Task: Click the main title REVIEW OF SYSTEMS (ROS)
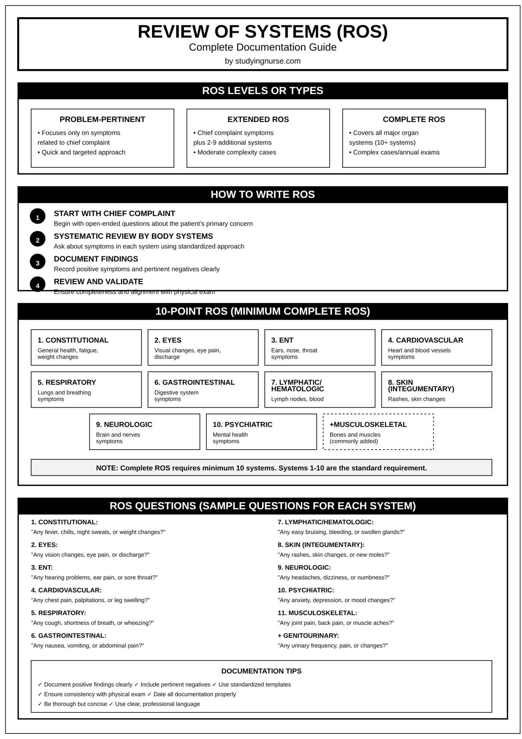[262, 31]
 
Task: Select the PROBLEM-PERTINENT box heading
[102, 119]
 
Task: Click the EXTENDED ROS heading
[258, 119]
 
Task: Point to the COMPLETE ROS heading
[414, 119]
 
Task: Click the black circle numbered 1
[38, 218]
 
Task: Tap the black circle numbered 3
[38, 263]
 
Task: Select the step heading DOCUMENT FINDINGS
[96, 259]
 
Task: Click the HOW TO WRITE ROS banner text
[262, 194]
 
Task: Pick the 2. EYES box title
[168, 340]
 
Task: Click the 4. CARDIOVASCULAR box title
[425, 340]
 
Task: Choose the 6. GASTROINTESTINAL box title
[194, 382]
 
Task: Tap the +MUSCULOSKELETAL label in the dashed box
[368, 424]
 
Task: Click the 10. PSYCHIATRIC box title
[243, 424]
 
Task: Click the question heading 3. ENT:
[42, 567]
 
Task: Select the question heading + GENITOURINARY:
[308, 635]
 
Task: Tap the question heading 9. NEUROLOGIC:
[304, 567]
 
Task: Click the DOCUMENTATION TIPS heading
[261, 671]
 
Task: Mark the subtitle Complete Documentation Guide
[262, 47]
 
